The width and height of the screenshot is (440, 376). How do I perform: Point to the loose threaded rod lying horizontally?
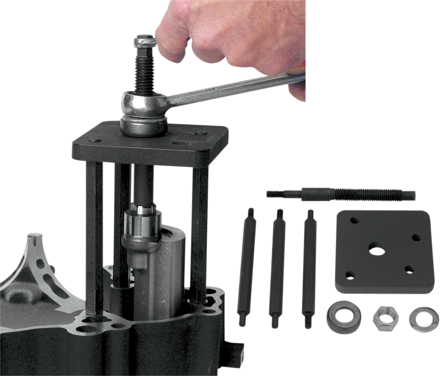[340, 194]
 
